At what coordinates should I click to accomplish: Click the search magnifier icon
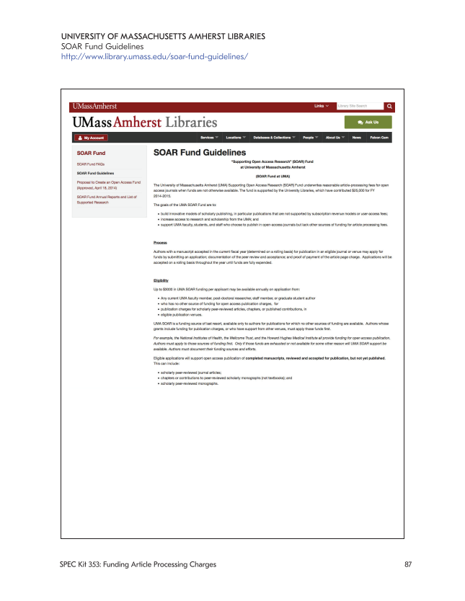point(389,106)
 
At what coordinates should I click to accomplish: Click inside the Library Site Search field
point(359,106)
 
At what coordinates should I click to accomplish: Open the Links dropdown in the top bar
point(321,106)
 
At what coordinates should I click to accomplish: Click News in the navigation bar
point(357,137)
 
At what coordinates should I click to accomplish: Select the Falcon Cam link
point(379,137)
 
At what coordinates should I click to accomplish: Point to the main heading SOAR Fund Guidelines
point(200,153)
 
